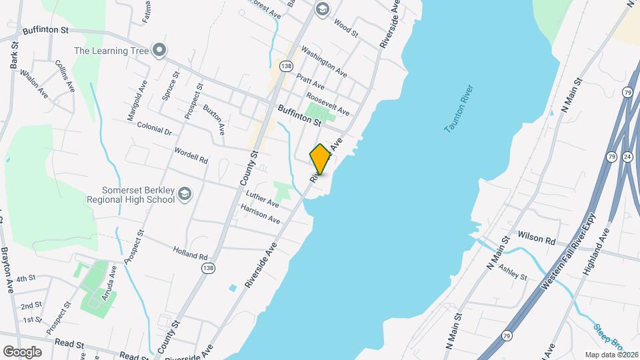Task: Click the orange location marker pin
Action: click(x=320, y=159)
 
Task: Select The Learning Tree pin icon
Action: click(x=159, y=50)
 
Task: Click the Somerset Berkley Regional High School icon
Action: click(x=185, y=194)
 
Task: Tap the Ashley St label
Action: click(x=513, y=272)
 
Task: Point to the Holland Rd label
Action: click(x=191, y=255)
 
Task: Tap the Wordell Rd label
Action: click(x=191, y=157)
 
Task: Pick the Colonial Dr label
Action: click(x=154, y=128)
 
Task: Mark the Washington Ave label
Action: click(x=323, y=59)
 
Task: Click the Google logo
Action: click(x=22, y=351)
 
